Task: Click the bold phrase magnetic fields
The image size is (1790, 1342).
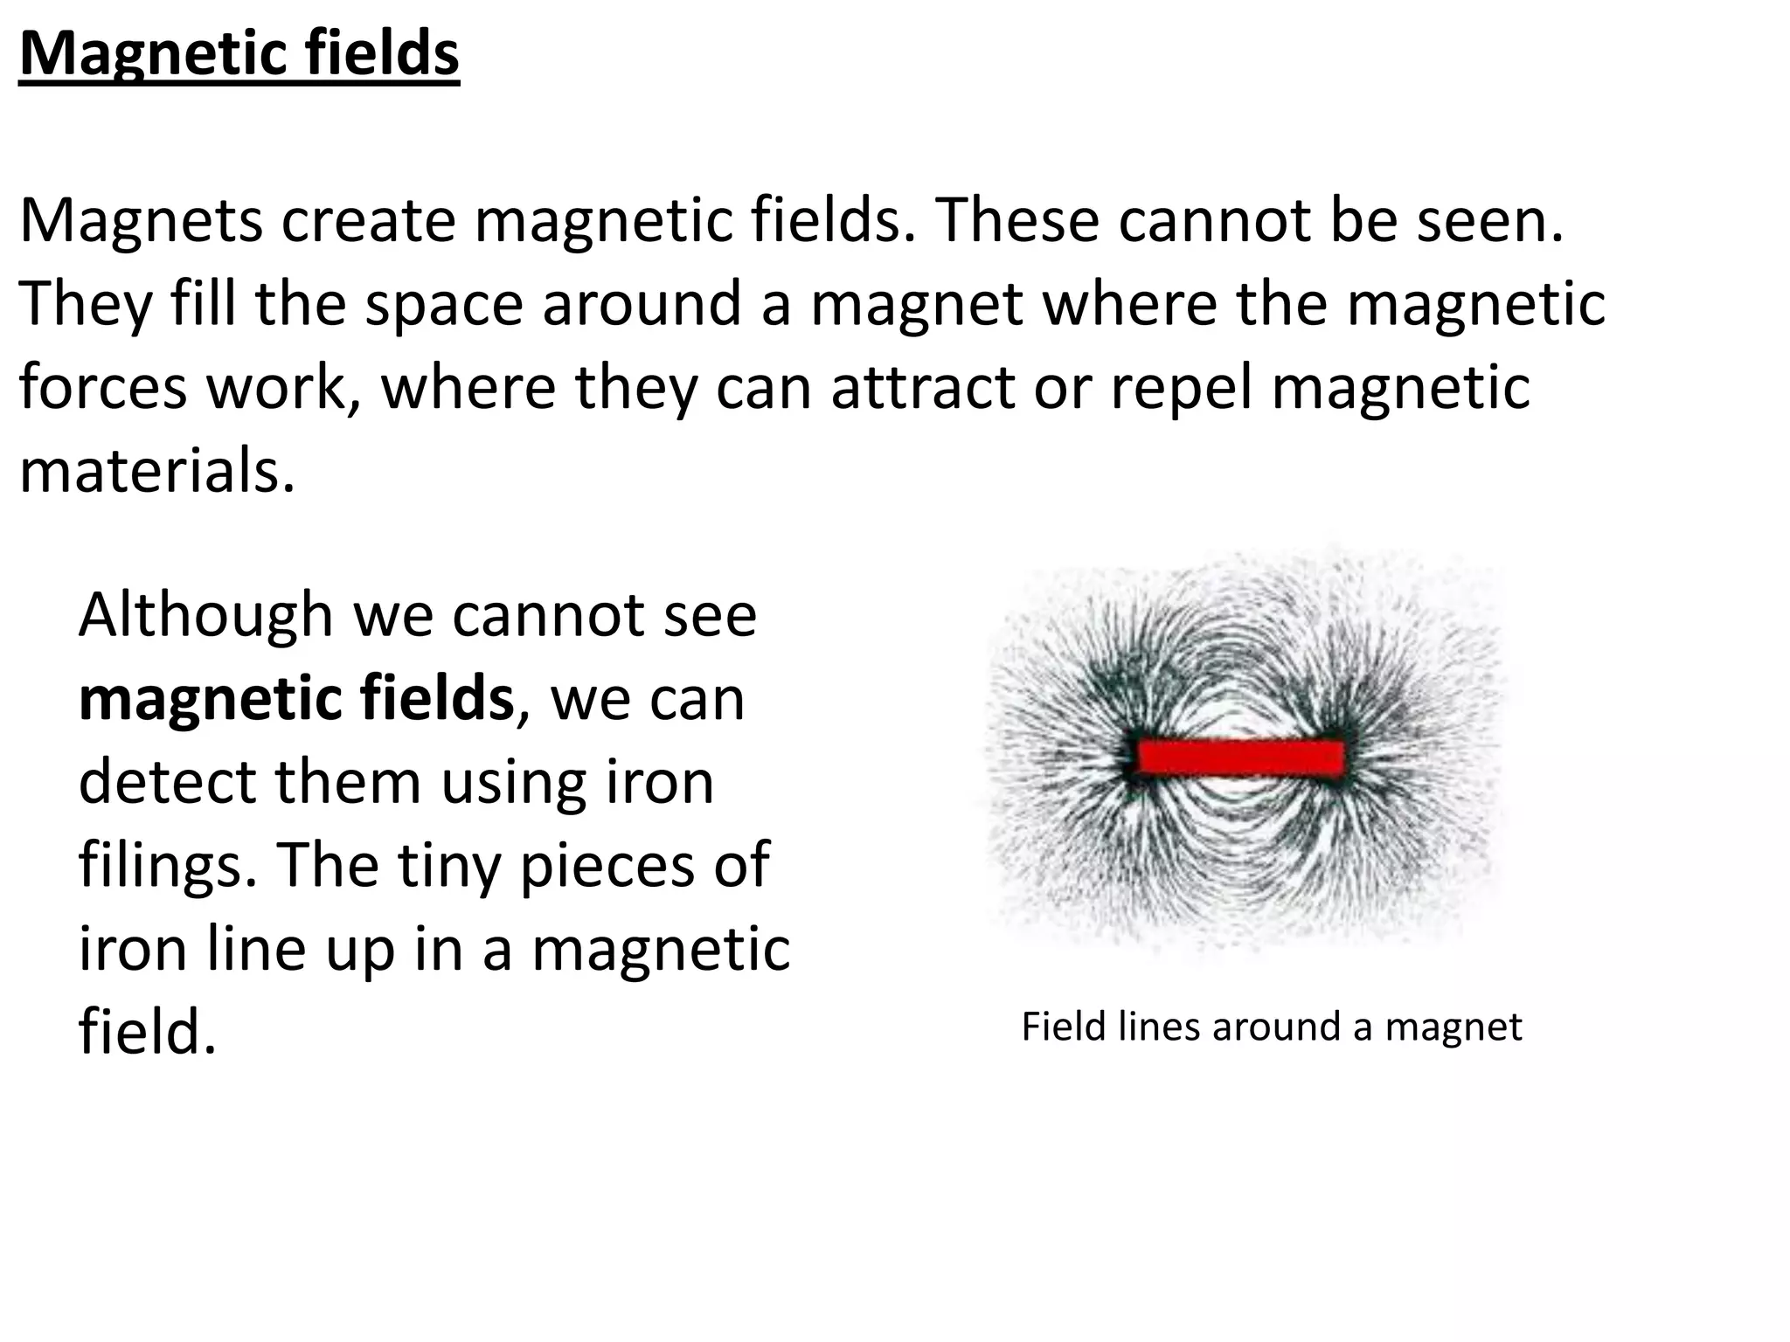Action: (296, 699)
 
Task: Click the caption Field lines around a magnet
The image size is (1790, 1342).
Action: (1272, 1027)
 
